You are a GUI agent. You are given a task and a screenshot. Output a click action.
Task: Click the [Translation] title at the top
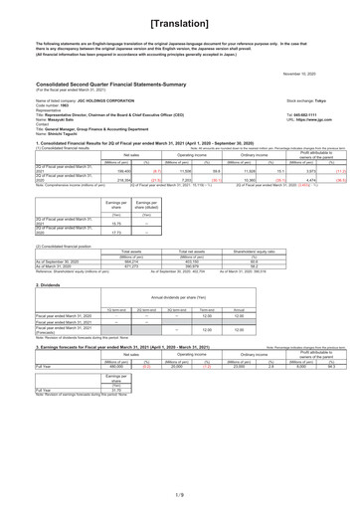click(180, 21)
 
